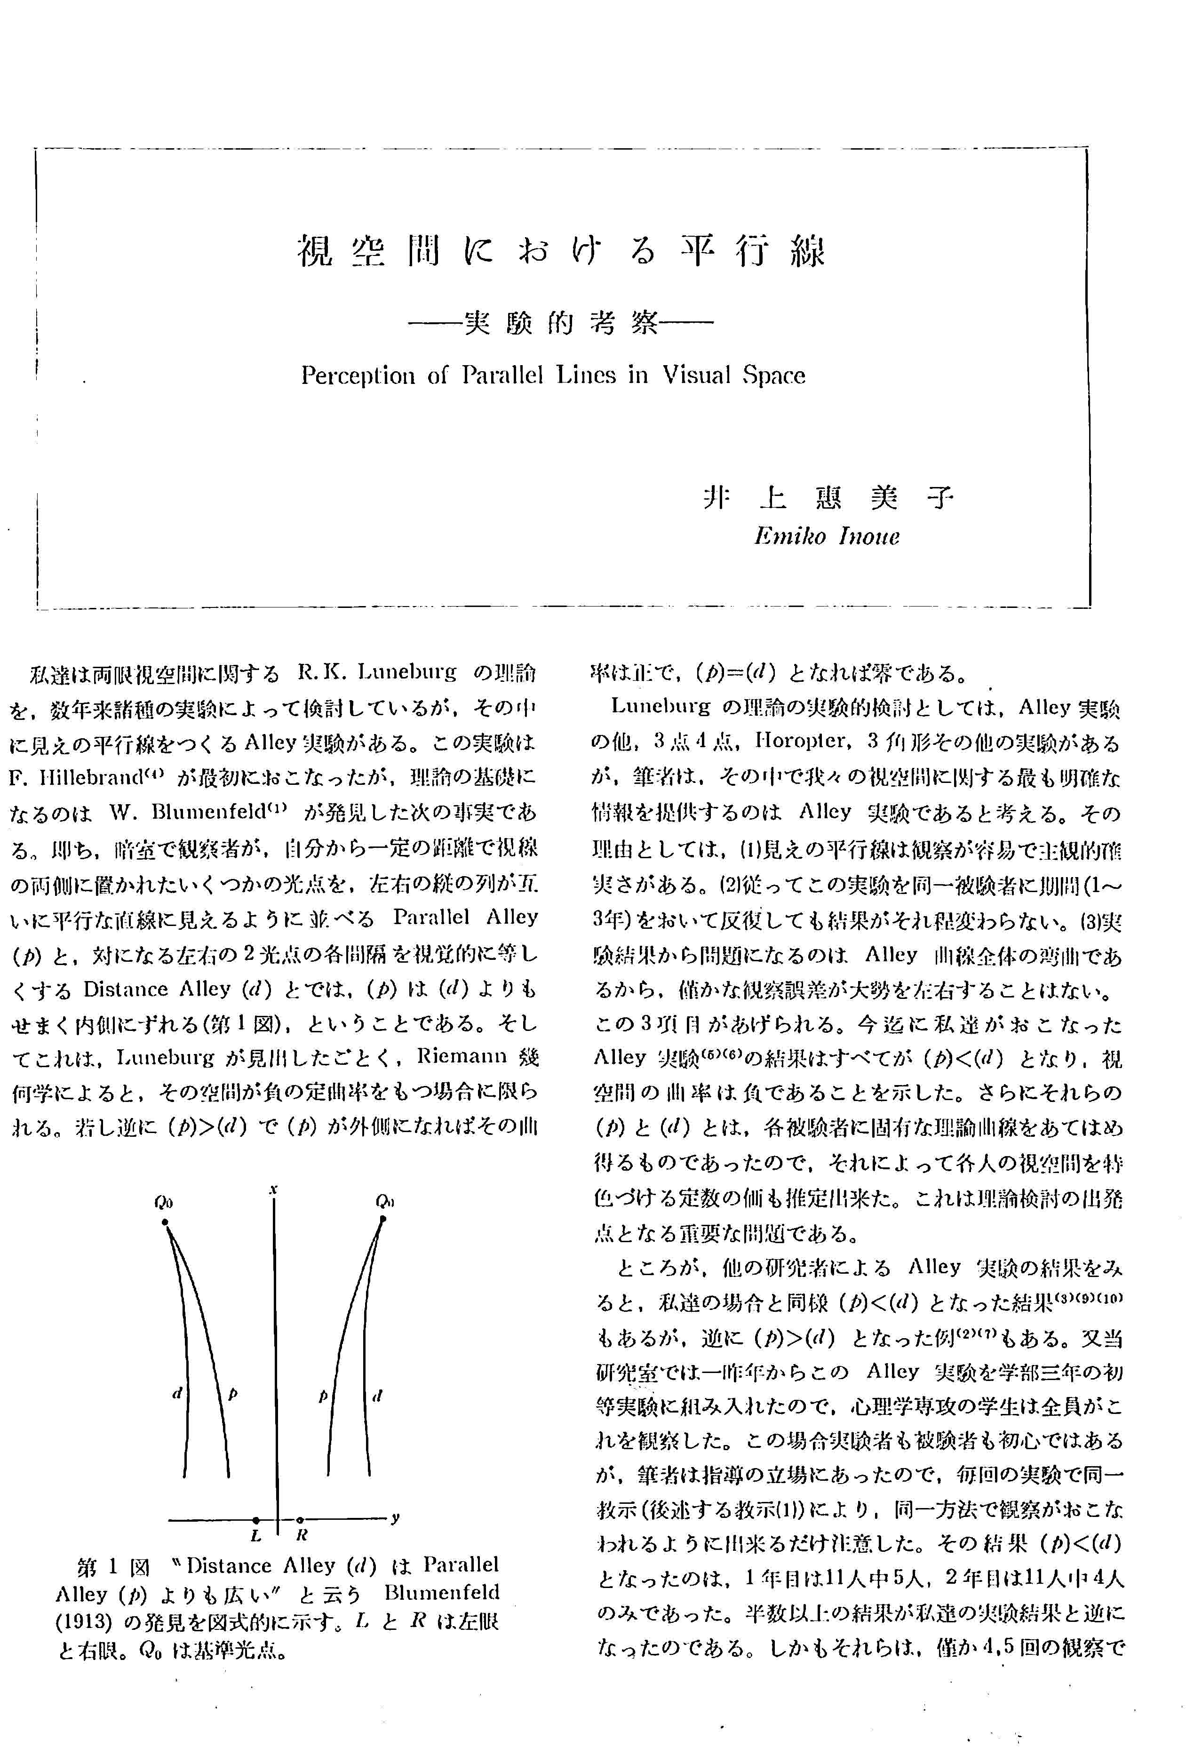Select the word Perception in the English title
pyautogui.click(x=358, y=375)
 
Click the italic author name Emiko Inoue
pyautogui.click(x=827, y=536)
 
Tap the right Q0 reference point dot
pyautogui.click(x=383, y=1219)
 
